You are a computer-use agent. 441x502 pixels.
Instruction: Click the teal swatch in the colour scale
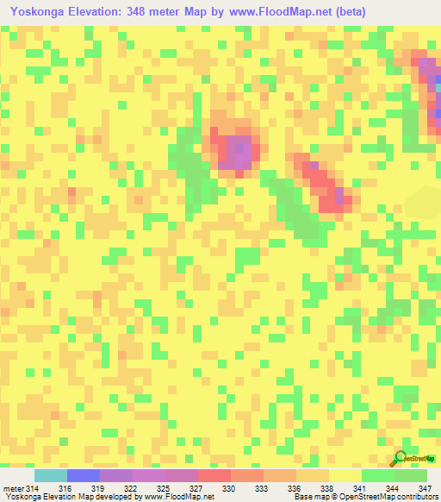tap(51, 475)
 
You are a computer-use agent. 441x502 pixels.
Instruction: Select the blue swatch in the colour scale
tap(84, 475)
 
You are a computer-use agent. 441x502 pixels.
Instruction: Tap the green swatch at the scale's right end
tap(411, 475)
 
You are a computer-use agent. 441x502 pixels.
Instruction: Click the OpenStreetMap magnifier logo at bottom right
tap(402, 457)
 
